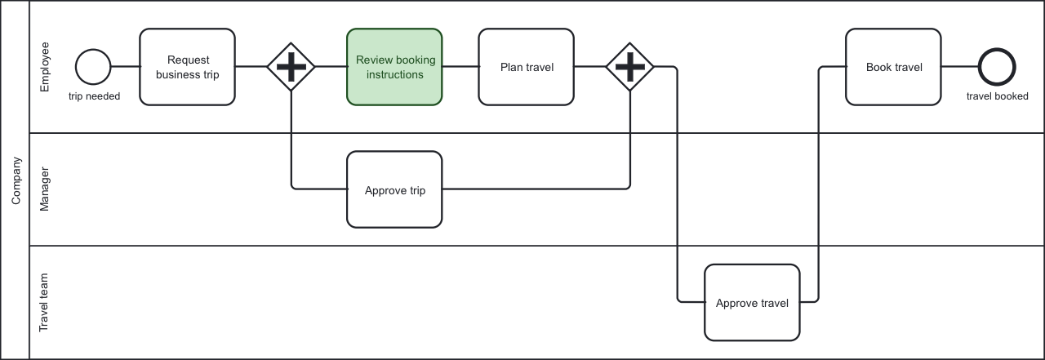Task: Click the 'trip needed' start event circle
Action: click(x=93, y=67)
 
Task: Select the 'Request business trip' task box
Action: click(x=187, y=67)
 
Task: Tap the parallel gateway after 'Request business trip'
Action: click(x=291, y=67)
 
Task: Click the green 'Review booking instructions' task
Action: click(x=394, y=67)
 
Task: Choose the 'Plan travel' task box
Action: click(x=527, y=67)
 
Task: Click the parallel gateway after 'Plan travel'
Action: click(x=629, y=67)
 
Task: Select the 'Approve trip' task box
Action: click(x=394, y=189)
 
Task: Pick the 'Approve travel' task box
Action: click(x=752, y=302)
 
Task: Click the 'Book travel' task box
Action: click(x=894, y=67)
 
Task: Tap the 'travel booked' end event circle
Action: click(x=997, y=67)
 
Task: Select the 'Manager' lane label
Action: click(x=46, y=189)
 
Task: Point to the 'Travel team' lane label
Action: click(x=46, y=302)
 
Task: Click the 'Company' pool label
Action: click(x=16, y=180)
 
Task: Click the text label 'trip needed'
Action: click(x=94, y=96)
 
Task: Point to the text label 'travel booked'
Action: click(x=997, y=96)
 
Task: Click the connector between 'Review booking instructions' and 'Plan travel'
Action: click(x=460, y=67)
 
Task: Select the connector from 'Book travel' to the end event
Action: click(x=960, y=67)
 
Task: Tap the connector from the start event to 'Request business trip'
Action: click(x=125, y=67)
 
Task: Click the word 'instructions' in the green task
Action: click(x=394, y=74)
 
